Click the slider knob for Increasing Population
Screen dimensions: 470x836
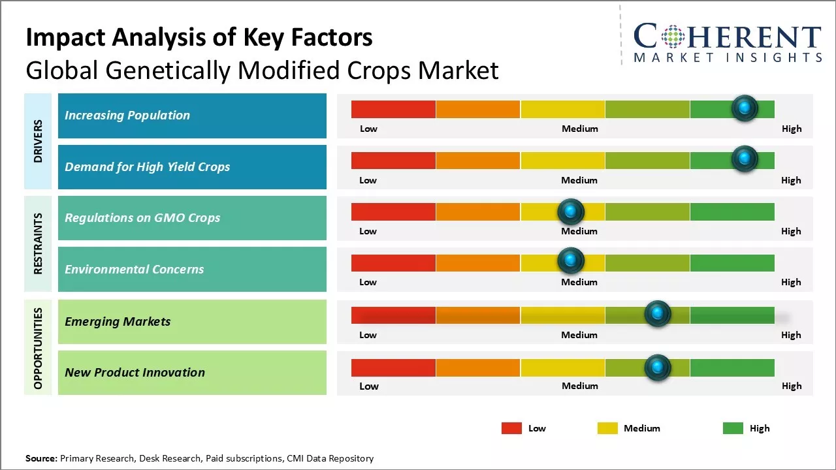[x=745, y=108]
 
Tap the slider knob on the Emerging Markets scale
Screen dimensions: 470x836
[x=658, y=314]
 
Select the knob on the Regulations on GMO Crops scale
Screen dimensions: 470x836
[x=571, y=211]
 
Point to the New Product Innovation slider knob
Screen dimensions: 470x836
[x=658, y=368]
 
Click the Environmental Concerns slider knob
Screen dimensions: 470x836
[x=571, y=260]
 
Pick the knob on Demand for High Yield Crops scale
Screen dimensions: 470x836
[x=745, y=159]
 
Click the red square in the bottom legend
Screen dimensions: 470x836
[x=511, y=428]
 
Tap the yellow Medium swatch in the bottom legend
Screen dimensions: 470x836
[x=607, y=428]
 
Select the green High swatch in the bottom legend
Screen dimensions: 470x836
[x=733, y=428]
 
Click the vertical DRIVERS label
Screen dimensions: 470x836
[x=38, y=141]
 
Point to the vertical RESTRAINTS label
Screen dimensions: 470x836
[x=38, y=243]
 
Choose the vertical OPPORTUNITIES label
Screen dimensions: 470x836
[x=38, y=348]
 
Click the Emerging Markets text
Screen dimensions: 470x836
[x=118, y=321]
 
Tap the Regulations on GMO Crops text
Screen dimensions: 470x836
[x=142, y=218]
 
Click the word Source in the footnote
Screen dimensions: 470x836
[x=41, y=458]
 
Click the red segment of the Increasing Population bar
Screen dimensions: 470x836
[x=393, y=109]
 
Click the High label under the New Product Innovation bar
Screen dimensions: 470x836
[x=792, y=386]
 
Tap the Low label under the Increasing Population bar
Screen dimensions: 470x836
[x=368, y=129]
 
